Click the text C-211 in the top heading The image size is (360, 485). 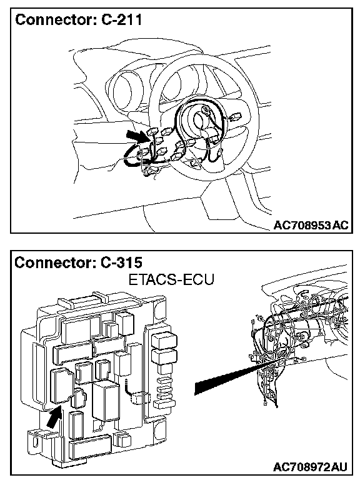coord(121,20)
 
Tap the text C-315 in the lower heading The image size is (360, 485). coord(121,262)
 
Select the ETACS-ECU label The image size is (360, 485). coord(171,280)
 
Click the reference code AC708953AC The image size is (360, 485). coord(311,225)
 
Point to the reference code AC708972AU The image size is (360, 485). coord(310,467)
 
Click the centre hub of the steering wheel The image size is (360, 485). coord(201,119)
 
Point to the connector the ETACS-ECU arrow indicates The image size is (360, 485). coord(62,387)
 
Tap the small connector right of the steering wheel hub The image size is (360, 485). coord(235,117)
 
